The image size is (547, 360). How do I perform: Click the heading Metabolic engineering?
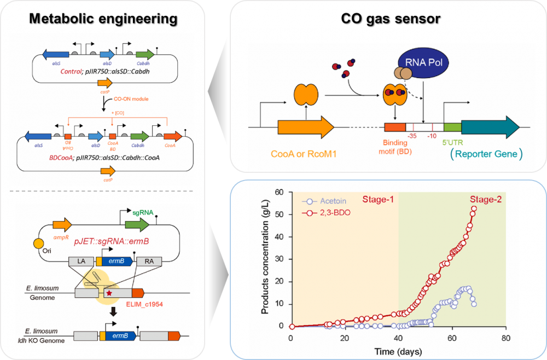click(x=103, y=19)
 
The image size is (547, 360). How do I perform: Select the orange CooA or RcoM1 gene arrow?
click(x=305, y=127)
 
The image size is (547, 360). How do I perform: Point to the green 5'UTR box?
click(x=452, y=127)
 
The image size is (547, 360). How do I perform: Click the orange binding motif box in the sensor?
click(x=394, y=127)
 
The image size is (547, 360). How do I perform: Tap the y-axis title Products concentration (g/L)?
click(x=265, y=260)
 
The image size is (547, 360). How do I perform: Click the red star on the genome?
click(x=109, y=293)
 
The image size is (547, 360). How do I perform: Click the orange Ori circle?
click(x=39, y=243)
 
